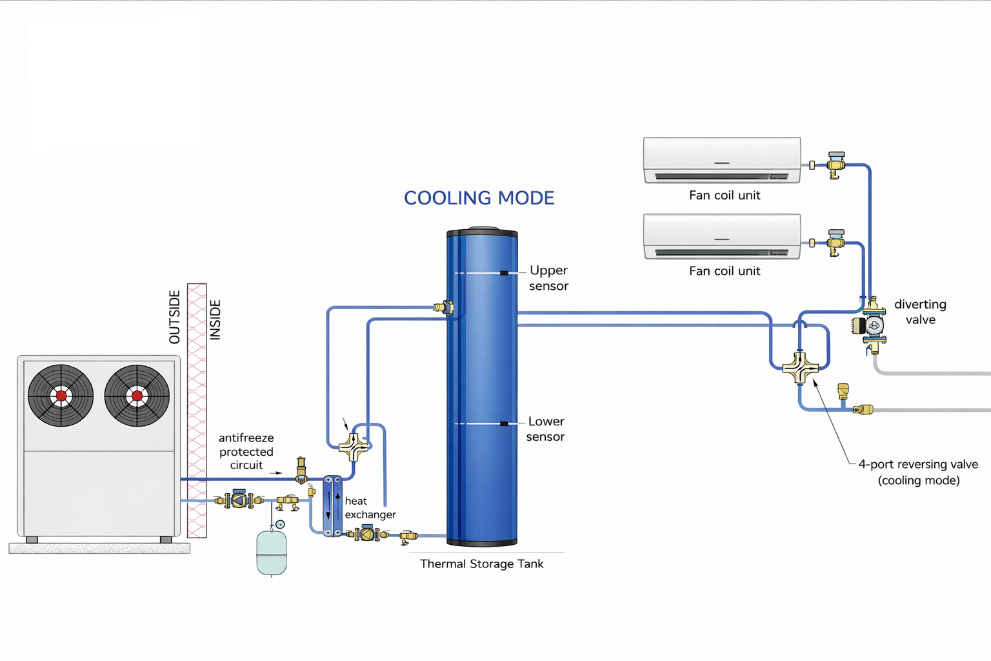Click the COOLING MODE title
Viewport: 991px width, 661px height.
coord(479,198)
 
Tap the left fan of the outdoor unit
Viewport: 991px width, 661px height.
coord(61,396)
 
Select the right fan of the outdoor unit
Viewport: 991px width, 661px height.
coord(137,396)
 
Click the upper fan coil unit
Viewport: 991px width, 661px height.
coord(722,160)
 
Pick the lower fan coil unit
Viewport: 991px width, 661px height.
coord(722,236)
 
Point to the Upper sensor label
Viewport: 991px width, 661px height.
coord(548,278)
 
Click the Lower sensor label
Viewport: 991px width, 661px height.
coord(546,429)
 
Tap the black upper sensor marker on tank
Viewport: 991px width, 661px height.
coord(504,273)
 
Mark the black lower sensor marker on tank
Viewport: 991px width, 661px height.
coord(504,423)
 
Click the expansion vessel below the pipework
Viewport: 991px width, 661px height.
coord(272,553)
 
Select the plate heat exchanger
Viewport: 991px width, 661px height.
coord(332,506)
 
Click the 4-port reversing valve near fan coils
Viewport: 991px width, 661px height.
coord(800,368)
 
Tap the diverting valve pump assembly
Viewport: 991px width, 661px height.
coord(872,325)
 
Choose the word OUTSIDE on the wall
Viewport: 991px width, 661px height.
coord(174,317)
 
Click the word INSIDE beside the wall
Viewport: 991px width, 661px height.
coord(215,320)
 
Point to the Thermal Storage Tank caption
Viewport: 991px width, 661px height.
coord(481,564)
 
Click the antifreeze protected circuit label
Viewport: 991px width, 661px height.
coord(246,451)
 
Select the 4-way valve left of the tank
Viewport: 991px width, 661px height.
coord(354,446)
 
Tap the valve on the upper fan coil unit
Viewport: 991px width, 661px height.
coord(836,165)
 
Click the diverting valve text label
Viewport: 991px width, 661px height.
coord(920,312)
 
